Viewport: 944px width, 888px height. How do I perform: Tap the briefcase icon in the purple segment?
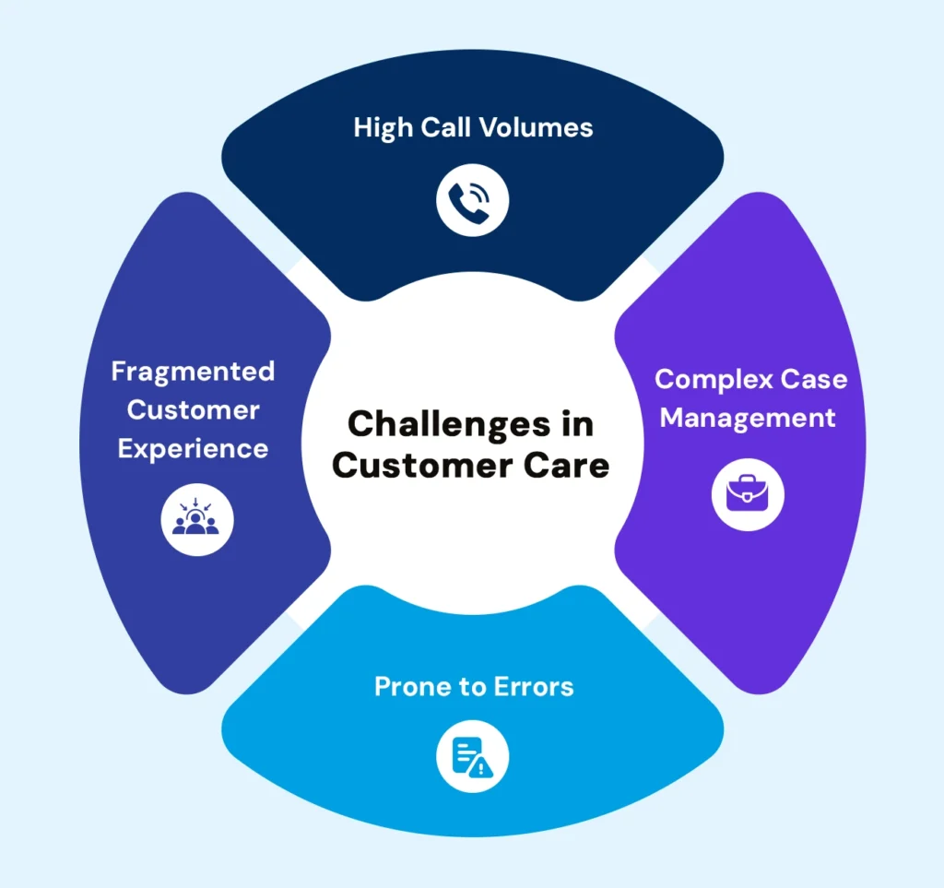[748, 494]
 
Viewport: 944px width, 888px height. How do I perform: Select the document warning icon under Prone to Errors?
[472, 757]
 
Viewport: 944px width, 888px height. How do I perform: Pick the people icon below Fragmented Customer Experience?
[196, 518]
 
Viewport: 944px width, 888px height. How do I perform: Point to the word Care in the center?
[572, 465]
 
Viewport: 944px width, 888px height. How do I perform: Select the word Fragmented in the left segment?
[193, 371]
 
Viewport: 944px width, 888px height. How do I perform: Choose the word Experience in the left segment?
[193, 448]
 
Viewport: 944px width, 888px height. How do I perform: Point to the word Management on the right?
[748, 418]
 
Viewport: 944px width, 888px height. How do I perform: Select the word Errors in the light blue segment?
[532, 687]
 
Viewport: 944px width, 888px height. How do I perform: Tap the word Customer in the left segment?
[193, 409]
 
